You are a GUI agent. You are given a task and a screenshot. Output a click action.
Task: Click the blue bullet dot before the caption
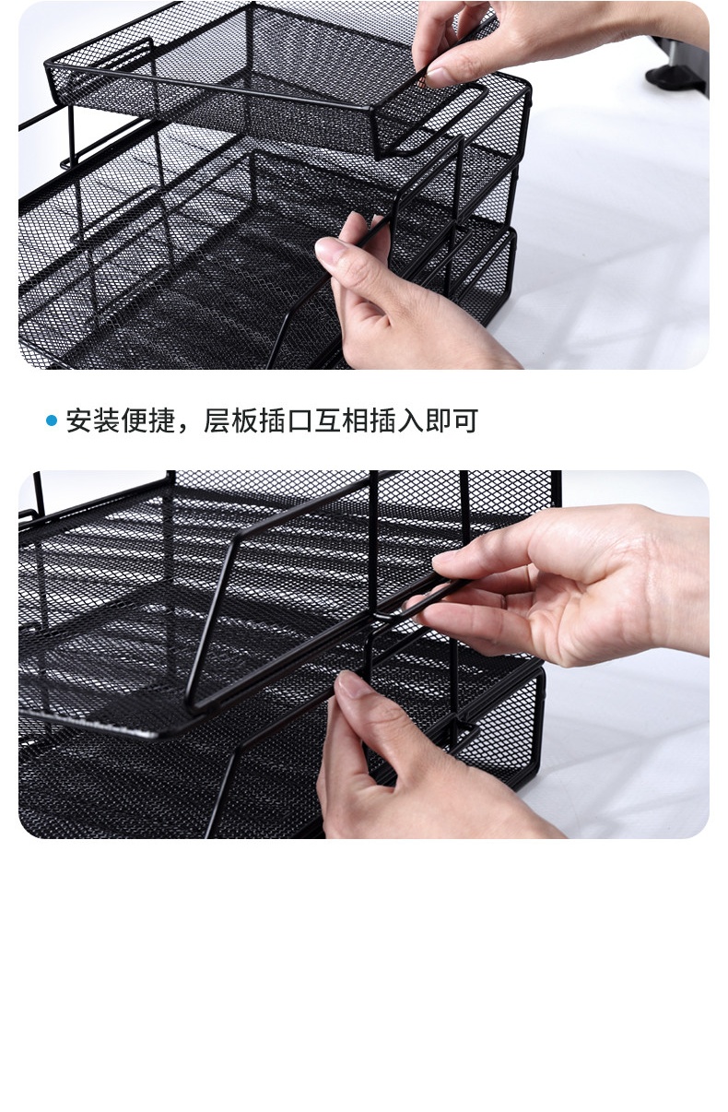[x=52, y=421]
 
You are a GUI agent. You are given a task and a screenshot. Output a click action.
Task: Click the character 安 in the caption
[x=79, y=421]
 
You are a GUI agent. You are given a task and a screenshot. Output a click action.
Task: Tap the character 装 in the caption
[x=107, y=421]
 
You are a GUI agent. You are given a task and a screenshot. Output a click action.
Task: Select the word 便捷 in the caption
[x=147, y=421]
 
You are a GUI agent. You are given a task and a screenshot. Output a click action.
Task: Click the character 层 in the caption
[x=217, y=421]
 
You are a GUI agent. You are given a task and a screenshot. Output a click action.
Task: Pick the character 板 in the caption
[x=244, y=421]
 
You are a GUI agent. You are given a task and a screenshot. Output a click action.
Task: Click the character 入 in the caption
[x=410, y=421]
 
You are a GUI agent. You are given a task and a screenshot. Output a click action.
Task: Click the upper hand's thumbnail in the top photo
[x=439, y=77]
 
